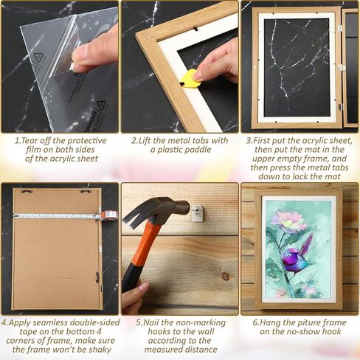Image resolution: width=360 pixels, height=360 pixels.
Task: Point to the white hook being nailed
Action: point(198,213)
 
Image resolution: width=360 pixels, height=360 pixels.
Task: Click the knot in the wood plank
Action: point(225,277)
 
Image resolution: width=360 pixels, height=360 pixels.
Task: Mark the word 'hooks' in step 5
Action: point(160,332)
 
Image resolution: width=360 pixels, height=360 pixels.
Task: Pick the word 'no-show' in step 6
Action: point(304,332)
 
